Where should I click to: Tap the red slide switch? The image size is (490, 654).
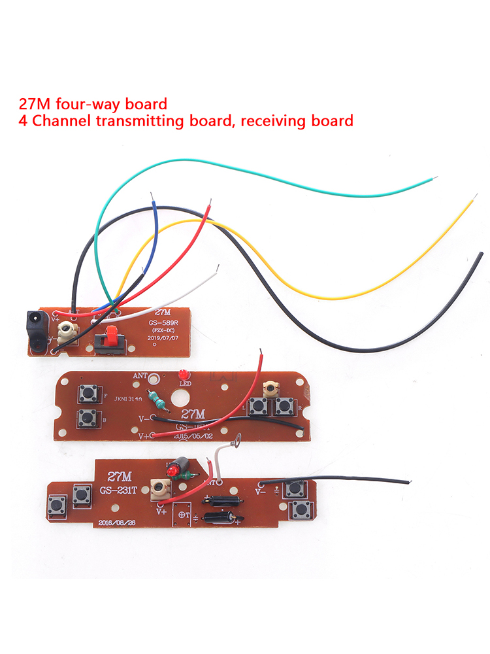click(110, 339)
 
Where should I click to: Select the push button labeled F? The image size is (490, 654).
click(86, 394)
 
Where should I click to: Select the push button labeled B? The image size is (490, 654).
click(86, 417)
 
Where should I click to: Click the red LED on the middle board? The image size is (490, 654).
click(182, 375)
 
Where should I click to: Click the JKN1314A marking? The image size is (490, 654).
click(127, 398)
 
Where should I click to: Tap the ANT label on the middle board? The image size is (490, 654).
click(140, 376)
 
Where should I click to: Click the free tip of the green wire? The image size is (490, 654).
click(436, 177)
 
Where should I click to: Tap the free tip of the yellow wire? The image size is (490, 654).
click(472, 201)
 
